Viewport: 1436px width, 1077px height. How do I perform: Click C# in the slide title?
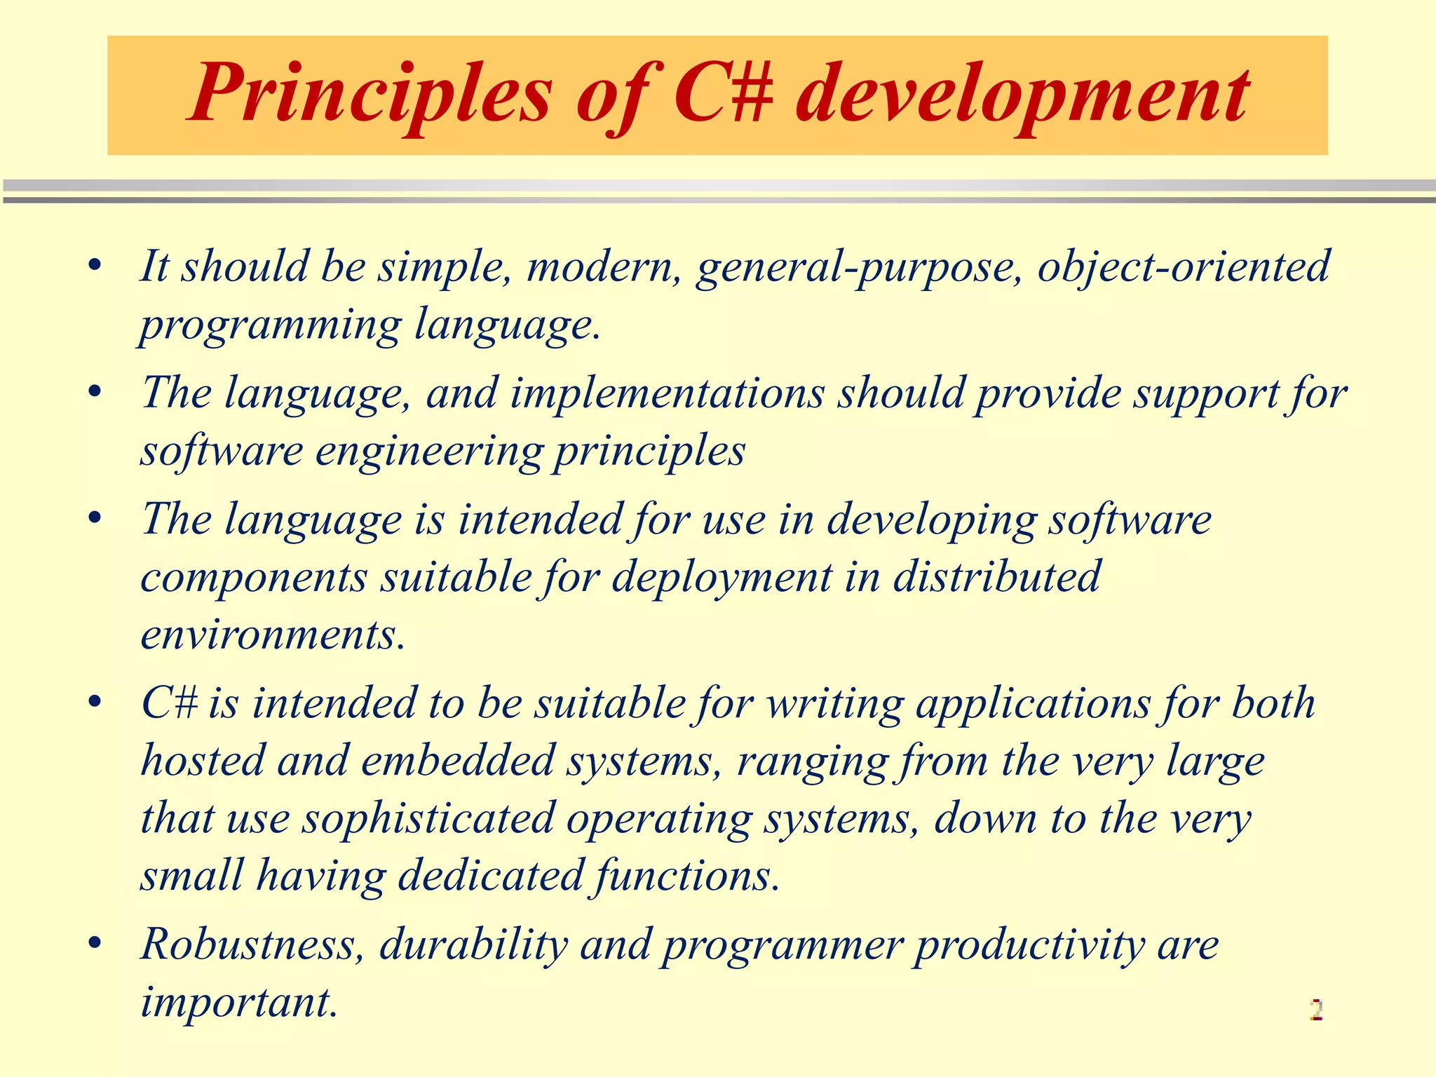722,95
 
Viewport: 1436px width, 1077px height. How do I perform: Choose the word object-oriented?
1184,268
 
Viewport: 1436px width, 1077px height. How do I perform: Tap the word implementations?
667,393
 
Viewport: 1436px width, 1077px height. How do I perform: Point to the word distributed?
996,577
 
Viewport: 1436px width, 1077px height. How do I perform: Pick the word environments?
273,635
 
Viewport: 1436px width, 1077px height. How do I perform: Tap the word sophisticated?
428,819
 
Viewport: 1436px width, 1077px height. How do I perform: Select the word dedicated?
490,876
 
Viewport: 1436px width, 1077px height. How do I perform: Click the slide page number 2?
1315,1010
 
